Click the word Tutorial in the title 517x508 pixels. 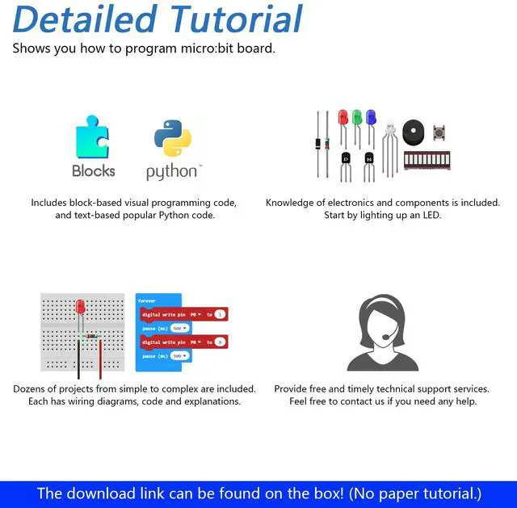tap(233, 20)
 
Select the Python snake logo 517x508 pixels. tap(172, 138)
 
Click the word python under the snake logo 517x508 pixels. tap(170, 171)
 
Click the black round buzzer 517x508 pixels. tap(413, 132)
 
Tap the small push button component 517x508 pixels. tap(439, 133)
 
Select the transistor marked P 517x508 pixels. tap(347, 158)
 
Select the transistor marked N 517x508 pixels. tap(369, 158)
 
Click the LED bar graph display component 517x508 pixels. tap(426, 160)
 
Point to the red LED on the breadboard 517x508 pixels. tap(80, 307)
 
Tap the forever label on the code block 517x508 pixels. tap(147, 300)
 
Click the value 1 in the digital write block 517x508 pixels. tap(219, 314)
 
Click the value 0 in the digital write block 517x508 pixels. tap(219, 342)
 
